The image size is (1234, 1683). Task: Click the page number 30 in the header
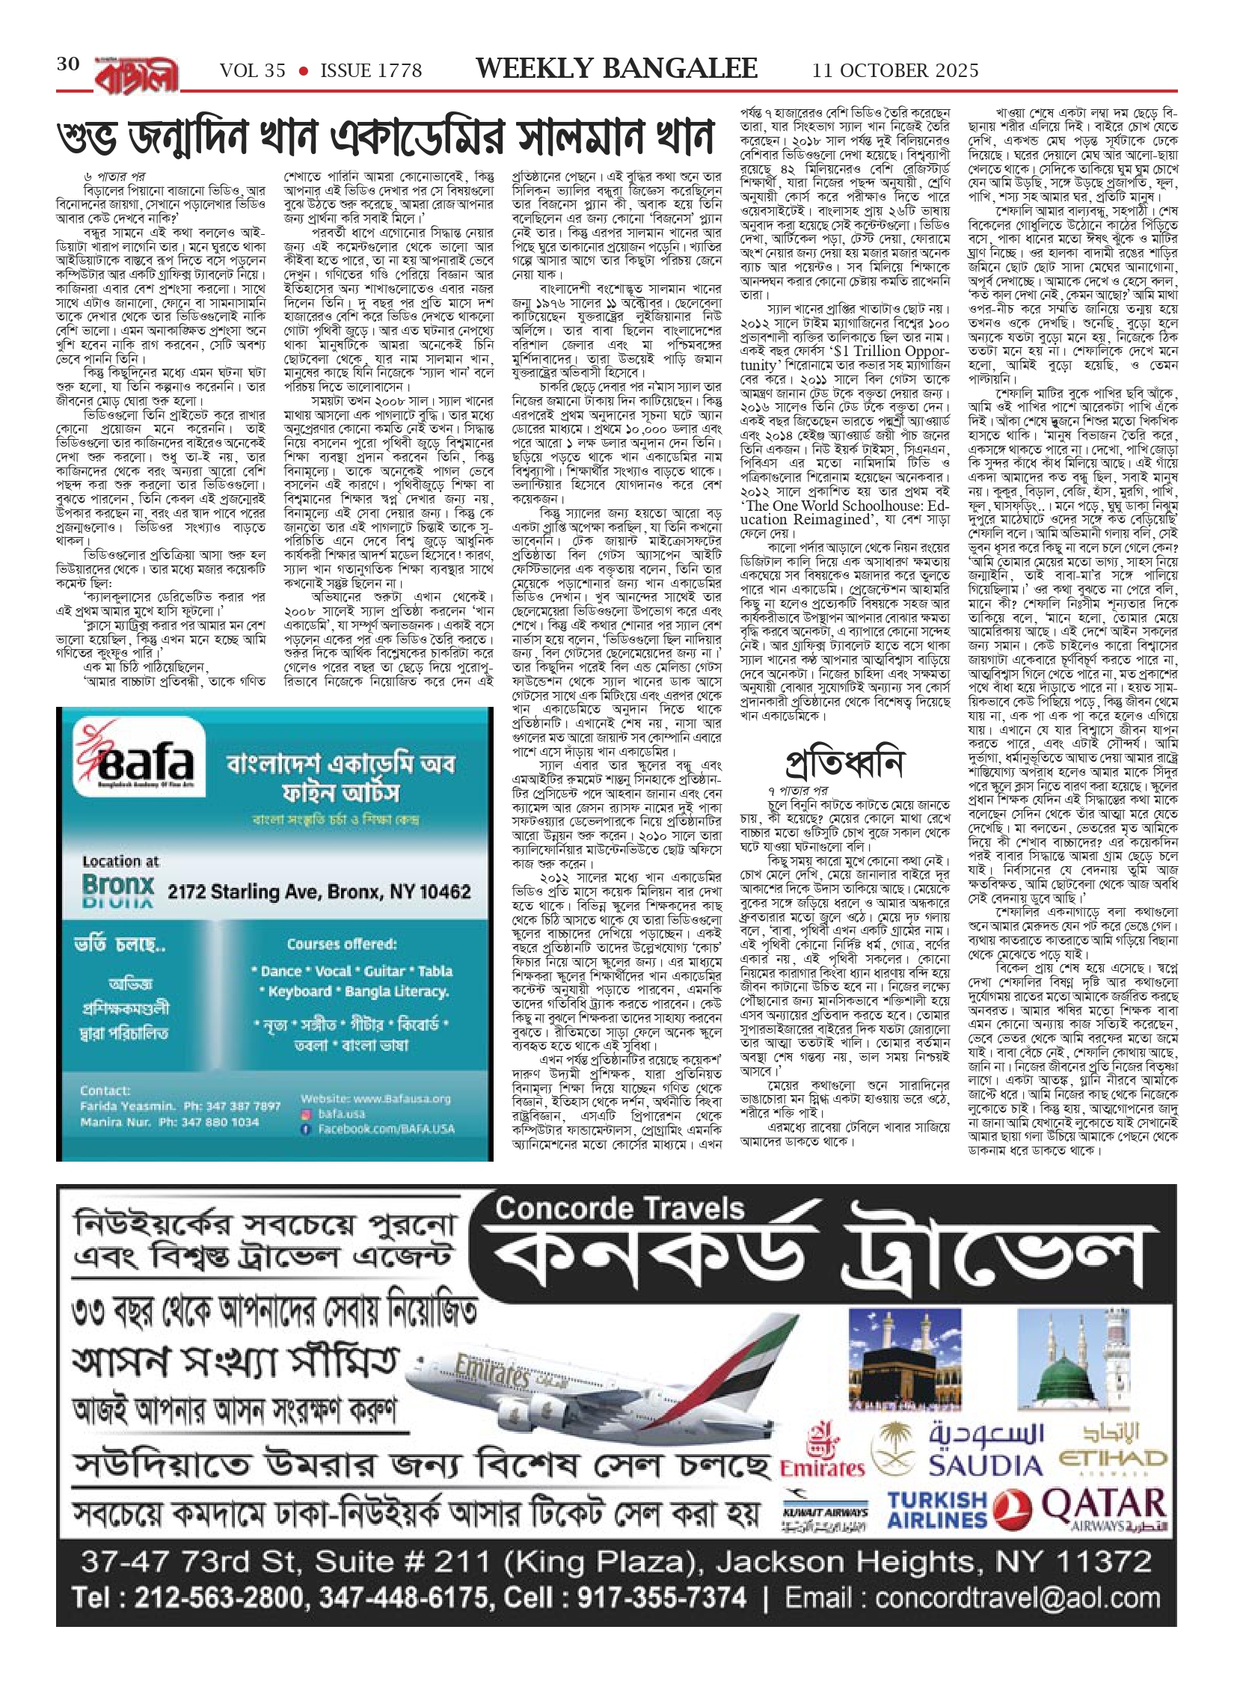[68, 65]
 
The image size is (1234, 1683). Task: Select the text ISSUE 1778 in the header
[371, 71]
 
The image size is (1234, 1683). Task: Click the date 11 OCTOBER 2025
[895, 71]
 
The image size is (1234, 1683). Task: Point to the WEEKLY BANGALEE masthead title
[616, 69]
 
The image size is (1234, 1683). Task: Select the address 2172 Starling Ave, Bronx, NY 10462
[319, 891]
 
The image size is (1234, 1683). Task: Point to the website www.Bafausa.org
[375, 1098]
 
